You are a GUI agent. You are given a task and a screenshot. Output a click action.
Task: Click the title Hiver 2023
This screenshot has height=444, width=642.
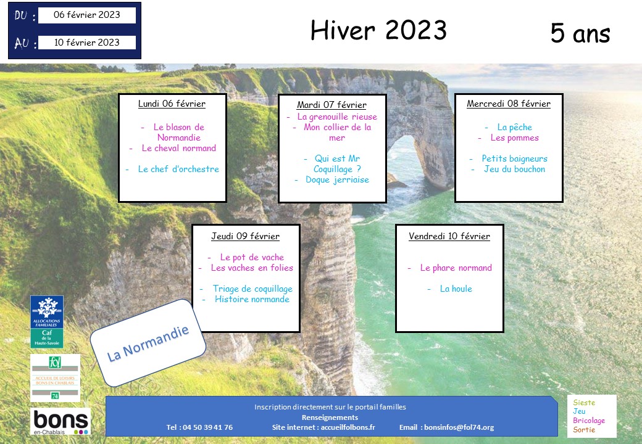coord(378,30)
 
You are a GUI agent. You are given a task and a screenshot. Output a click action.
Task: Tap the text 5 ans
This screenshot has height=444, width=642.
coord(580,33)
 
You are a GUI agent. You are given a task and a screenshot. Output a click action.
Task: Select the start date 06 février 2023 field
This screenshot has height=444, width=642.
coord(87,15)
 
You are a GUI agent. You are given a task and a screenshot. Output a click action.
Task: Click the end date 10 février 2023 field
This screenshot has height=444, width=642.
coord(87,43)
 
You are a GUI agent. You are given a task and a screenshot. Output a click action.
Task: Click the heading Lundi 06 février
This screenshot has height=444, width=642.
coord(172,104)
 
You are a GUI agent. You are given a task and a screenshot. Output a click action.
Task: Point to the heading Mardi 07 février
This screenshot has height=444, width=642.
coord(331,105)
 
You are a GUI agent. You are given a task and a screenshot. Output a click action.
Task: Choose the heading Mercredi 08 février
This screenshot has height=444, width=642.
coord(509,104)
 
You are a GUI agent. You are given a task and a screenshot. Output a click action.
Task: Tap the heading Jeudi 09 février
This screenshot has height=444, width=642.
coord(245,236)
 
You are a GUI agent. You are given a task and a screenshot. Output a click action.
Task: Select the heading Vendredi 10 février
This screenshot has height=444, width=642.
coord(449,236)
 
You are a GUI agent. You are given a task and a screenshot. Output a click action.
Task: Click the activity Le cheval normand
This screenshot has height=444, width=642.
coord(178,148)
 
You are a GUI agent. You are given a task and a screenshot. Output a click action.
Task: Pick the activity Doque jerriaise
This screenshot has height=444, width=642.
coord(338,180)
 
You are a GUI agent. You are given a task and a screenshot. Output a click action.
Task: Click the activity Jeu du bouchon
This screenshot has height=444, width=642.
coord(515,169)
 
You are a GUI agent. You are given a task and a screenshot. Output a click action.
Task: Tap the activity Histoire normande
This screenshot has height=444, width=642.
coord(252,299)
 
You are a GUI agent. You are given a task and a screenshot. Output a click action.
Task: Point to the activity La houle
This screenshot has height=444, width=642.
coord(456,289)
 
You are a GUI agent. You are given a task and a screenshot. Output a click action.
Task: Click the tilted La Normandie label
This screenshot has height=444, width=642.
coord(148,343)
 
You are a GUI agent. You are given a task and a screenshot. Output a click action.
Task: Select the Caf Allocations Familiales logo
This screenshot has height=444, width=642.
coord(47,322)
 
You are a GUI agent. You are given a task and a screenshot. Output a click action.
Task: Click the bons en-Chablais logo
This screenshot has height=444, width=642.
coord(60,421)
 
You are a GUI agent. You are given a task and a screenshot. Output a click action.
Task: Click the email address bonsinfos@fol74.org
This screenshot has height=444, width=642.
coord(459,427)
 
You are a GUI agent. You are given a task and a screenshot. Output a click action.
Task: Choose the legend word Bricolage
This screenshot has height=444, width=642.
coord(589,421)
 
